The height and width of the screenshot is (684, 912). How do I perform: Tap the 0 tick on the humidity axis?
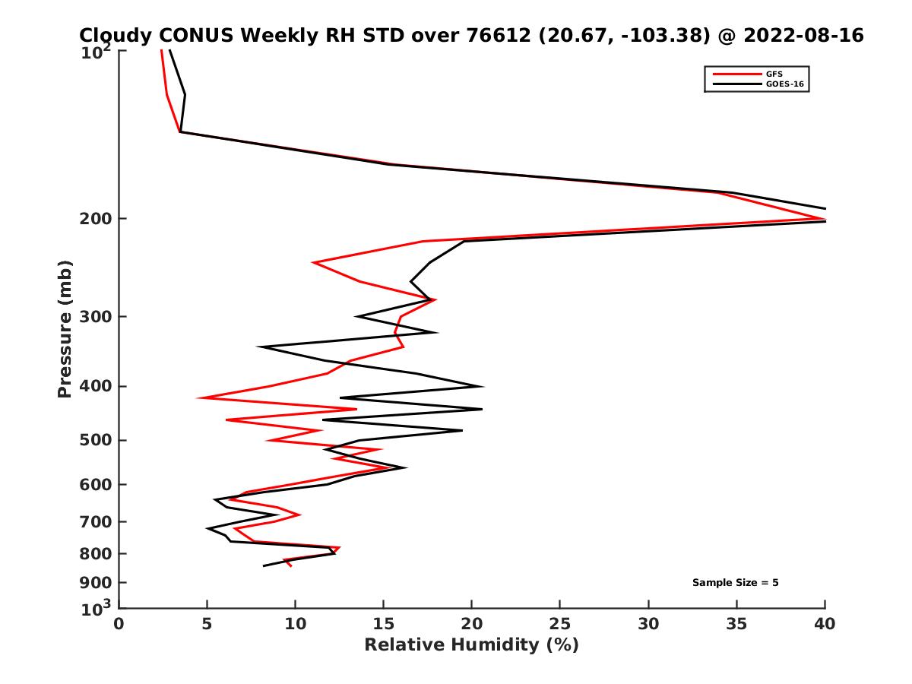tap(119, 624)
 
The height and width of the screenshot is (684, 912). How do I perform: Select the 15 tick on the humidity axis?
tap(384, 624)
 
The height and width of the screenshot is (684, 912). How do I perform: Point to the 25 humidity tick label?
tap(560, 624)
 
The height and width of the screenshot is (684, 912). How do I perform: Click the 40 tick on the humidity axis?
tap(825, 624)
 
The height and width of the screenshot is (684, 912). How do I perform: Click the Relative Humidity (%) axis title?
tap(471, 645)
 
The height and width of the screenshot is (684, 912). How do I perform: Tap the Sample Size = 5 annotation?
tap(735, 583)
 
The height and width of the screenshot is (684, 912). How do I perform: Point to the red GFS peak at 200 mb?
tap(823, 219)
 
